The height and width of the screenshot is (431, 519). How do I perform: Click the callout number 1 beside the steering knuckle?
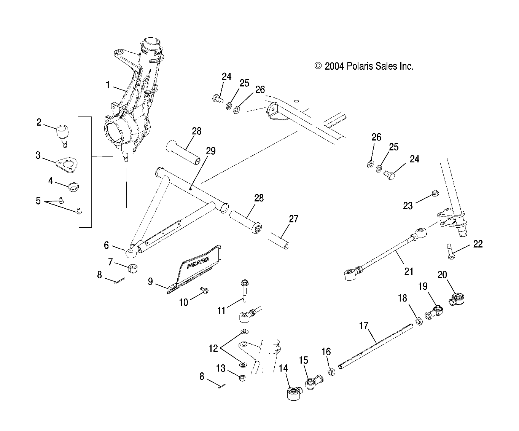point(108,85)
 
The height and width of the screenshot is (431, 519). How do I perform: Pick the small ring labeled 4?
point(73,187)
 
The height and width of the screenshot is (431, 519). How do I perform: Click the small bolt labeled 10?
point(204,291)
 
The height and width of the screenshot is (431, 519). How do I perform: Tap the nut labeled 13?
point(242,378)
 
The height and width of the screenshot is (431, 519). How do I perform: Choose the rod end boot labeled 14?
point(293,393)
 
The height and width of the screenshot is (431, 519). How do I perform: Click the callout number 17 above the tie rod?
point(364,326)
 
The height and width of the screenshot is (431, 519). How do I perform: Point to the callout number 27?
point(293,219)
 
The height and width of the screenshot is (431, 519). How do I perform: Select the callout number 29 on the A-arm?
point(210,151)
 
